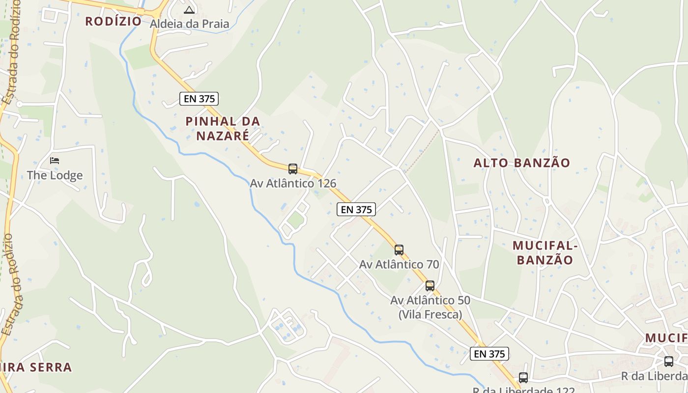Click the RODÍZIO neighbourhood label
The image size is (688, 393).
point(113,21)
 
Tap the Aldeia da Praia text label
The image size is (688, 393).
point(189,24)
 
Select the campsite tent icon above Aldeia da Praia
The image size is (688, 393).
point(189,9)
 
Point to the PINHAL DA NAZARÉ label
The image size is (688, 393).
point(223,128)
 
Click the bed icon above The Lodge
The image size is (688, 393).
point(55,161)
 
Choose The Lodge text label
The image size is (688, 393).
point(55,175)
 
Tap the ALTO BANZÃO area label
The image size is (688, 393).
point(521,163)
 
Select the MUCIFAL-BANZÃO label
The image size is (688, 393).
point(543,253)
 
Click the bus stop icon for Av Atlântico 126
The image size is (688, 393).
point(293,169)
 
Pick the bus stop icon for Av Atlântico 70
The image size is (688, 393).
point(399,250)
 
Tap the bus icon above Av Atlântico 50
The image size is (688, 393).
point(430,286)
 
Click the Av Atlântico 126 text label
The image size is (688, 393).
point(293,183)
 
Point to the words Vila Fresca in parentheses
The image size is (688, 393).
point(430,314)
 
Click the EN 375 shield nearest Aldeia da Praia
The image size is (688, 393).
point(199,99)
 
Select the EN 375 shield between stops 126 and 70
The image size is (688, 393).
point(356,209)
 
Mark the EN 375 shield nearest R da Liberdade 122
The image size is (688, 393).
point(489,354)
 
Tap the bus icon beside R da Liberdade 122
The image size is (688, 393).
point(523,378)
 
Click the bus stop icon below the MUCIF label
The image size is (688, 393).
point(669,362)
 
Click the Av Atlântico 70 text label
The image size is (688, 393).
point(399,264)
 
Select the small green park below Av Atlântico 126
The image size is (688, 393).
point(295,220)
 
